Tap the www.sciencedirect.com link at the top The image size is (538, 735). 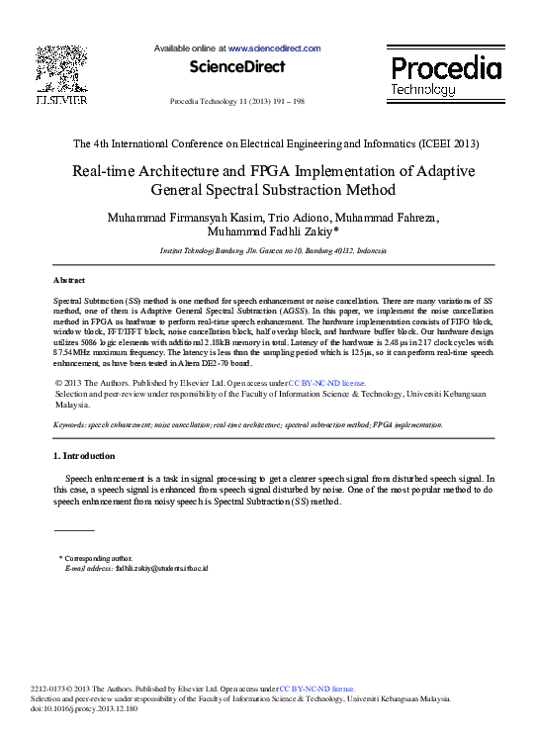[x=274, y=48]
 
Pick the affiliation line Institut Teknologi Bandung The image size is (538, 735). [x=273, y=252]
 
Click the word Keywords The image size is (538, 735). [x=71, y=424]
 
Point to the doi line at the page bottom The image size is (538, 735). [x=96, y=709]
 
